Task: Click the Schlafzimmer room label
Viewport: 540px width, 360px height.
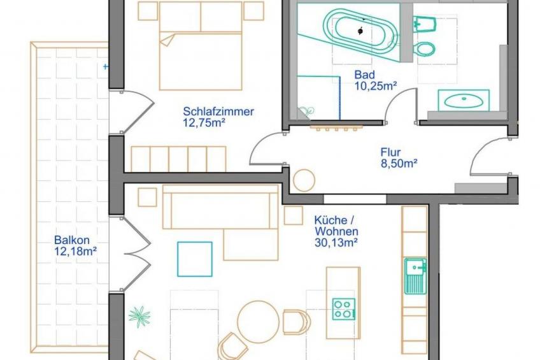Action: click(x=218, y=112)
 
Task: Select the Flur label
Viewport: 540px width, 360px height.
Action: click(x=390, y=152)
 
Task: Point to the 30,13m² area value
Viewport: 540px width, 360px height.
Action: click(x=336, y=243)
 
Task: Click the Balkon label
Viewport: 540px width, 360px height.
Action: click(x=71, y=240)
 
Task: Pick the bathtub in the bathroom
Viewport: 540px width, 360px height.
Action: click(x=360, y=31)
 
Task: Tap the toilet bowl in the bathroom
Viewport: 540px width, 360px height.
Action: click(x=425, y=48)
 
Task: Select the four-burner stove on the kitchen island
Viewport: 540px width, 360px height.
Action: click(x=344, y=309)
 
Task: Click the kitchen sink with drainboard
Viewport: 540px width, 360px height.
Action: click(x=415, y=276)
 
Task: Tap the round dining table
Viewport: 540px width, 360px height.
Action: click(x=259, y=322)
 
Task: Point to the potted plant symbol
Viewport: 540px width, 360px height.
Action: click(x=139, y=317)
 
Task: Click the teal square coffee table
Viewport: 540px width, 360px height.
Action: click(x=195, y=259)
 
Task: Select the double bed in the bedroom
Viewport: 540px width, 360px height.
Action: click(x=201, y=46)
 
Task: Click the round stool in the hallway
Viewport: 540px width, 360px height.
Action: click(x=304, y=180)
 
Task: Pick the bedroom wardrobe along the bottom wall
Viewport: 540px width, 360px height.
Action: click(x=178, y=159)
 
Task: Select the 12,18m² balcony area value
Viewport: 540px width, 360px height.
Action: click(x=75, y=252)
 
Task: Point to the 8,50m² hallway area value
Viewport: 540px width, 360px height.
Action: click(x=399, y=164)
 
